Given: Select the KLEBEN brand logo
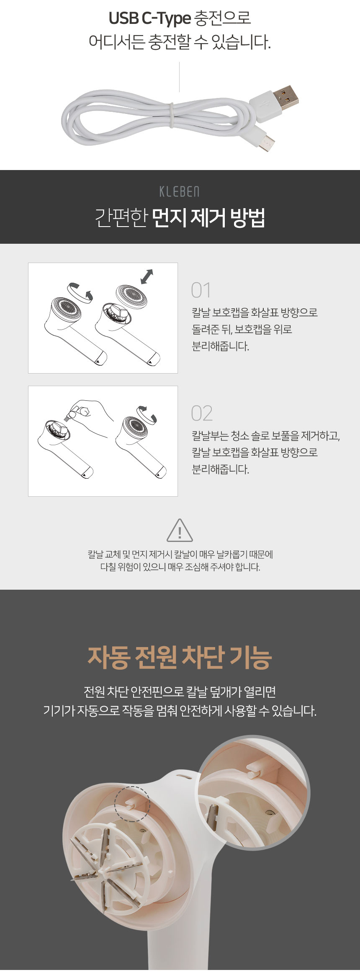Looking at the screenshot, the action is (180, 192).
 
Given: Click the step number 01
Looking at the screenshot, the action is (201, 290).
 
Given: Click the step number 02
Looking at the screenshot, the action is (202, 413).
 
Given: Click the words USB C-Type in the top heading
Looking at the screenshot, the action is (149, 18).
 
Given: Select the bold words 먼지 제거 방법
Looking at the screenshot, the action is (208, 218).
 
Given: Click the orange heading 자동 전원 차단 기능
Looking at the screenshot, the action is (180, 657).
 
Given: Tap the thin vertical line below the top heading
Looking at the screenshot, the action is (180, 77).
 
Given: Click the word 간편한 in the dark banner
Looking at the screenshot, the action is (121, 218).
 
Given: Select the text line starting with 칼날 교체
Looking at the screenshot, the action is (180, 555).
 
